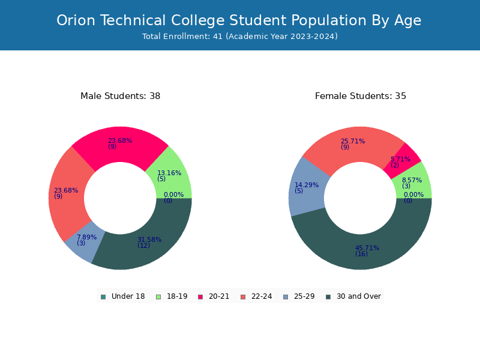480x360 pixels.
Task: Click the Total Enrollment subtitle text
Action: point(240,37)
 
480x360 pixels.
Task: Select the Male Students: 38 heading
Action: point(121,96)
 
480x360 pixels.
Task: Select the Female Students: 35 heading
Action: point(361,96)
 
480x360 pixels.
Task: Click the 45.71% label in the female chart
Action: point(367,248)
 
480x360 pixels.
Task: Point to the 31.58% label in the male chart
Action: point(149,239)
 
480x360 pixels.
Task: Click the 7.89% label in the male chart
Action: point(86,237)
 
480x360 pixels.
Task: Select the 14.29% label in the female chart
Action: point(307,185)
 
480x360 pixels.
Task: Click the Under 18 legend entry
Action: point(123,296)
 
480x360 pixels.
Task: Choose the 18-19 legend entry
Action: point(172,296)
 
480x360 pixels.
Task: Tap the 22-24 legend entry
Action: point(257,296)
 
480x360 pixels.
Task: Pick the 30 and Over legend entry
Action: point(353,296)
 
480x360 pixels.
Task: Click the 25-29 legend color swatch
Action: point(286,297)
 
